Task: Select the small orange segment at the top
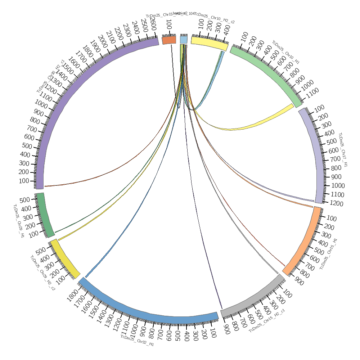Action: [x=169, y=40]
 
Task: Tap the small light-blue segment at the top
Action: [x=184, y=39]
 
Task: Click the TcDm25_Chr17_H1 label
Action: [x=343, y=149]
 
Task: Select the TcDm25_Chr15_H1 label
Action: [x=329, y=254]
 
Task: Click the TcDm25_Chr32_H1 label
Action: [x=137, y=341]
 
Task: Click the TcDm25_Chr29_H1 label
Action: [x=18, y=221]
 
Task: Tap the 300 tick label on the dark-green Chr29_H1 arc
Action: [x=28, y=217]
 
